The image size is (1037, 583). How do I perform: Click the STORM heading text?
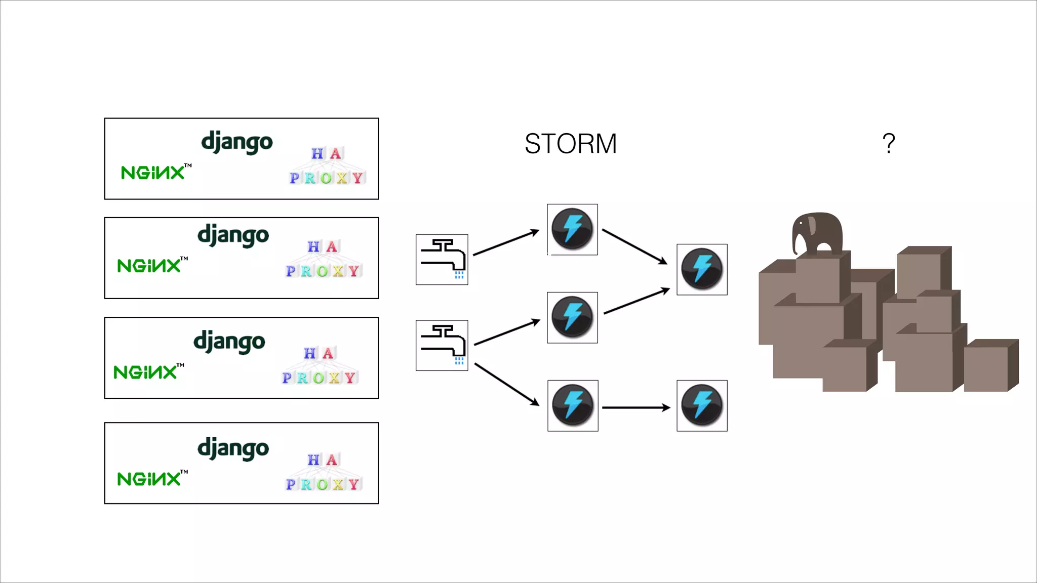coord(571,144)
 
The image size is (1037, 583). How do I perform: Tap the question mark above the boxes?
coord(888,144)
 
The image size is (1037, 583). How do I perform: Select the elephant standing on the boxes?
coord(817,233)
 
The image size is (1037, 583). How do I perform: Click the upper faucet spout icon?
coord(442,260)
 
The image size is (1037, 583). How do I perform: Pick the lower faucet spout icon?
coord(442,346)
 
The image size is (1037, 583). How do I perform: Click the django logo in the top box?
coord(237,143)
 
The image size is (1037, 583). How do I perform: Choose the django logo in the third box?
coord(229,343)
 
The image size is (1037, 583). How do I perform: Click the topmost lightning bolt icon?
coord(572,230)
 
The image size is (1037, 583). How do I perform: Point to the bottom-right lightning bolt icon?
coord(702,406)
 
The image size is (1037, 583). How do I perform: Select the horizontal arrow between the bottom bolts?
coord(636,407)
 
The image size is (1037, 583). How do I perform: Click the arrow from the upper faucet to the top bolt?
coord(506,242)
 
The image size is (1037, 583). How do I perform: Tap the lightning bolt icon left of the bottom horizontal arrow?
coord(573,406)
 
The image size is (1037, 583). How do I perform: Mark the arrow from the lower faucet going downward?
coord(506,384)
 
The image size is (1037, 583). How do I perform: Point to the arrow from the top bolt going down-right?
coord(634,246)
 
